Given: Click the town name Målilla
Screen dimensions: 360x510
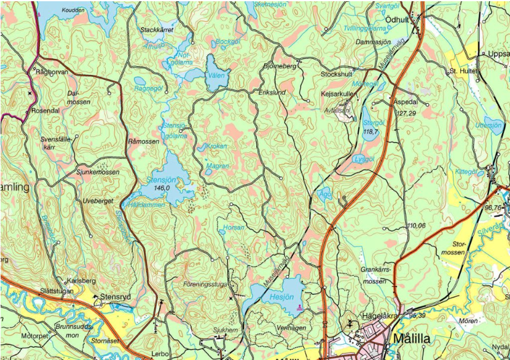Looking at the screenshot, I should (x=421, y=338).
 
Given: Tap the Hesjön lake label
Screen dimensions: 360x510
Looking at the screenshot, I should (x=283, y=296).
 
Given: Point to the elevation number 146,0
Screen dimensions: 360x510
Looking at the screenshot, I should (x=162, y=187).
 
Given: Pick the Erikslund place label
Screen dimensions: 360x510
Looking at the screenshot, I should (x=272, y=92).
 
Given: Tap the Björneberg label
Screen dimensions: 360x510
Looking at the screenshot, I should (x=280, y=65).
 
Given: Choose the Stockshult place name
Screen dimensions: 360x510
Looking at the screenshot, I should (x=336, y=74).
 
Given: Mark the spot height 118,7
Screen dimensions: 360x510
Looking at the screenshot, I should (x=371, y=131).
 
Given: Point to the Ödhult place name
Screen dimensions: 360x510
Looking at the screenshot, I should (x=397, y=20).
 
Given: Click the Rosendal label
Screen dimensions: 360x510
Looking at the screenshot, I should (x=45, y=111).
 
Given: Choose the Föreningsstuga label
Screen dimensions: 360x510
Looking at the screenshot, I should (x=205, y=284).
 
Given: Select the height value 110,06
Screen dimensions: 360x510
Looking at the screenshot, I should (x=416, y=226).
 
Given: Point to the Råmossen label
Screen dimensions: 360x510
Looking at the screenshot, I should (x=143, y=141).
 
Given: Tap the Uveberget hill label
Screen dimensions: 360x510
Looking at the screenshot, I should (x=98, y=201).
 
